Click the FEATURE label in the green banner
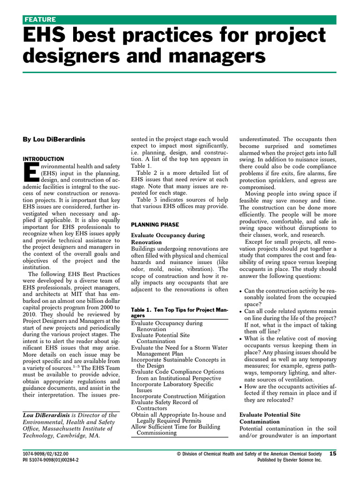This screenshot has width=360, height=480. click(40, 19)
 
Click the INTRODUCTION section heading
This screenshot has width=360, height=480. click(43, 159)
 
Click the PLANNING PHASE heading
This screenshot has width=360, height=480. click(155, 225)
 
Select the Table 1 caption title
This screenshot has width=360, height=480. click(179, 312)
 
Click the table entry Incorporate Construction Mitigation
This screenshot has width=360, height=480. click(178, 396)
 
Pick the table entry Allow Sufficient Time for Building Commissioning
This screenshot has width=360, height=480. click(176, 429)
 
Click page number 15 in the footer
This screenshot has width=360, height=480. click(333, 453)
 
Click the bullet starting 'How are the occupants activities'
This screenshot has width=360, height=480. click(291, 392)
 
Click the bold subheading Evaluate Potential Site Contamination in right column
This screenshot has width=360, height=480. click(270, 419)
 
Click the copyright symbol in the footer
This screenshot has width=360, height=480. click(179, 454)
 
